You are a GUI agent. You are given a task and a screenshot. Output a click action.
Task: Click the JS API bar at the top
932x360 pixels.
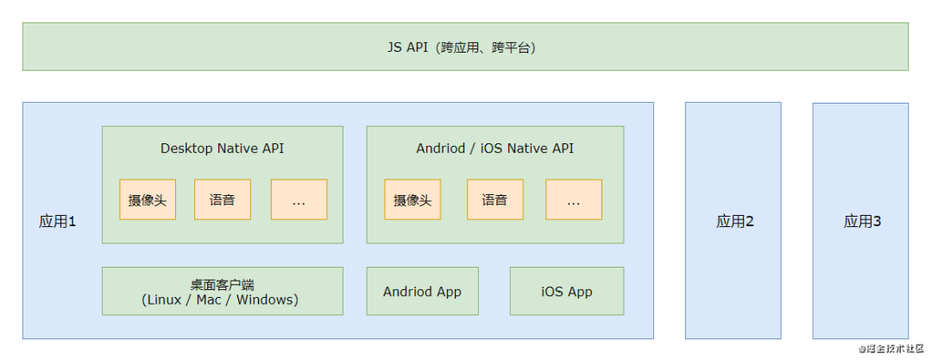point(465,47)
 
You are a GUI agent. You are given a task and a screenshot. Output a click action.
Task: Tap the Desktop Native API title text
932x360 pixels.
point(222,148)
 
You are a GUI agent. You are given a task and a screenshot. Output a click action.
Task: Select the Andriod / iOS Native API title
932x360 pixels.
point(494,148)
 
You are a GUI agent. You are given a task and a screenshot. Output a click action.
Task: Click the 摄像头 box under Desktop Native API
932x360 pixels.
point(148,200)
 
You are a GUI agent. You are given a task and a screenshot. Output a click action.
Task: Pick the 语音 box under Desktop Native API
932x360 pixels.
point(223,200)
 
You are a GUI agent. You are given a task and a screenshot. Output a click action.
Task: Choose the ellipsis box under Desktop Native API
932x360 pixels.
point(299,200)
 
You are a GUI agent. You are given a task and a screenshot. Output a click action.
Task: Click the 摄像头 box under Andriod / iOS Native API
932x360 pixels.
point(412,200)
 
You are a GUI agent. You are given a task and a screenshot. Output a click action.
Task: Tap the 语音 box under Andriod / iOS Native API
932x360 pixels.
point(495,200)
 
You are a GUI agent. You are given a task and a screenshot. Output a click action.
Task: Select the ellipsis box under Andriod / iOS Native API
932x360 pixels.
point(573,200)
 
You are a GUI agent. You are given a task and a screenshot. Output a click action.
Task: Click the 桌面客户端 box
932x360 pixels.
point(222,291)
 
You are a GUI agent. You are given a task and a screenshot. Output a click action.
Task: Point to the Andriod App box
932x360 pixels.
point(422,291)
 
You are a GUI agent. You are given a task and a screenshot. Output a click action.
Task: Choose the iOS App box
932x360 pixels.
point(566,291)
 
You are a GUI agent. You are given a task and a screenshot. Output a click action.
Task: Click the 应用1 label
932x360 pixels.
point(58,222)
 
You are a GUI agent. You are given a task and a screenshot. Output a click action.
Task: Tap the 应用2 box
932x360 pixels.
point(734,221)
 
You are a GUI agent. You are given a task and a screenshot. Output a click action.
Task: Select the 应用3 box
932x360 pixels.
point(860,221)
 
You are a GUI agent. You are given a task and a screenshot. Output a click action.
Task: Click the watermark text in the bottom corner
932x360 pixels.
point(888,350)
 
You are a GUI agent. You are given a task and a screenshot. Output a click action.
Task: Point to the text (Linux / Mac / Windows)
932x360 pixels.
point(220,300)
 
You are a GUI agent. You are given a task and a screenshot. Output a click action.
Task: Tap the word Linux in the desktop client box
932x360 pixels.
point(165,300)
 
